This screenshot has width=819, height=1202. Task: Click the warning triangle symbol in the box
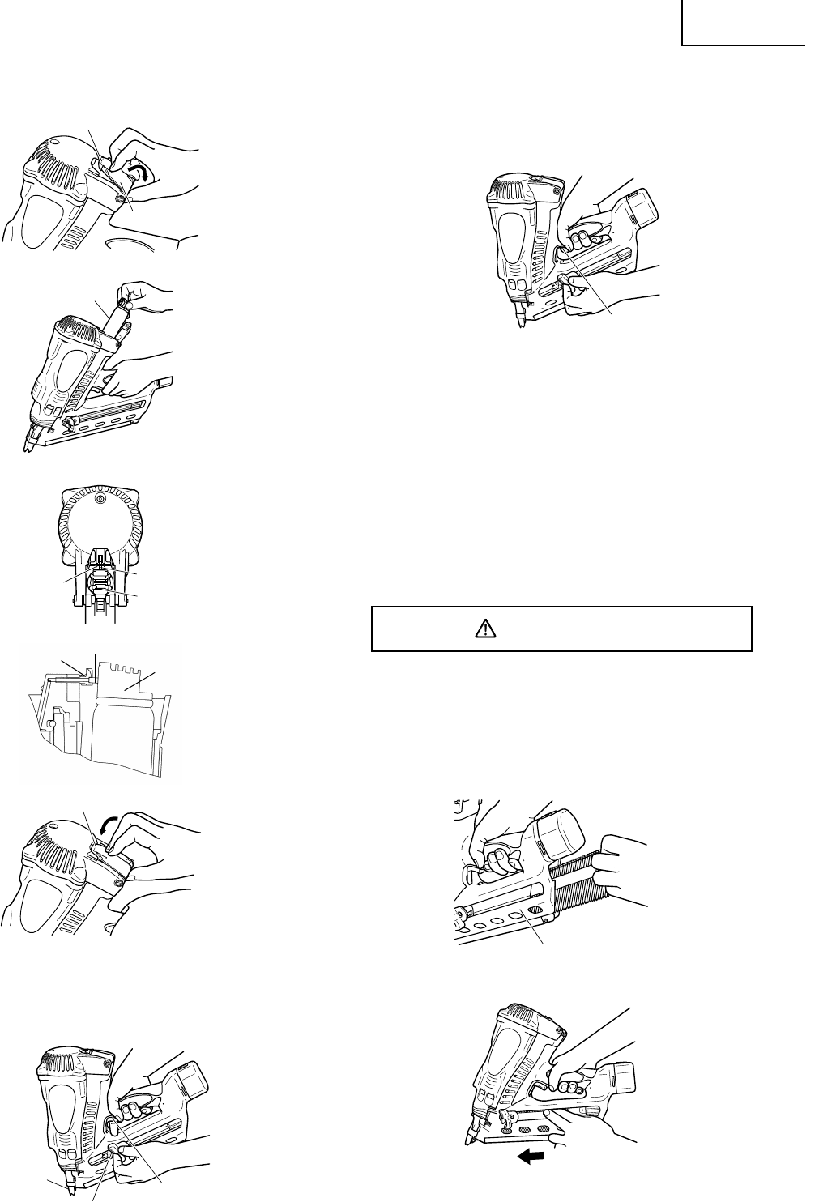[x=484, y=629]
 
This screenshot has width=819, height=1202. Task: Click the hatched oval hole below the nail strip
[x=533, y=913]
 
